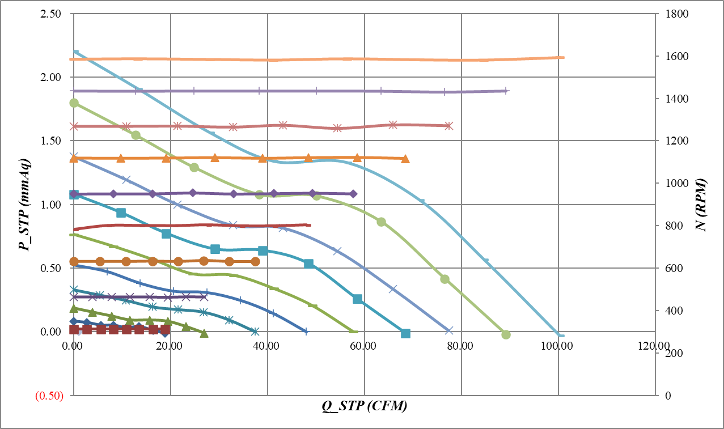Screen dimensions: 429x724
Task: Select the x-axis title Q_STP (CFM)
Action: click(365, 406)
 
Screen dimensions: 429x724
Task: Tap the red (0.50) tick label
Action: click(49, 396)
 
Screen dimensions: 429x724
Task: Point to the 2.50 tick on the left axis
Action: click(52, 14)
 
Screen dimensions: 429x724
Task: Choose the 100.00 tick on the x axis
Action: click(558, 346)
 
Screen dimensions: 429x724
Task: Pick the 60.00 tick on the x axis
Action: click(364, 346)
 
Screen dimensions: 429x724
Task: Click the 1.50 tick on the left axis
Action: click(52, 141)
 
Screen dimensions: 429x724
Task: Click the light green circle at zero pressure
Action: click(506, 334)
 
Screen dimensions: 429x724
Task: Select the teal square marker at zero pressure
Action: click(405, 333)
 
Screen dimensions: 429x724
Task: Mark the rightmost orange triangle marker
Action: click(405, 159)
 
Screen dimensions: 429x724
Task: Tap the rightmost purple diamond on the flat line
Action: click(353, 194)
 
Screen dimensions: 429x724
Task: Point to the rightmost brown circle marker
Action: click(255, 261)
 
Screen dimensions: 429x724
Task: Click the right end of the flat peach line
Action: click(563, 57)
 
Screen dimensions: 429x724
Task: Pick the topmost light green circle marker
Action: click(74, 103)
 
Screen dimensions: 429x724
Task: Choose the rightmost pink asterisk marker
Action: click(448, 126)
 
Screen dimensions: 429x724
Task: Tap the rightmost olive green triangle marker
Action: click(204, 333)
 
